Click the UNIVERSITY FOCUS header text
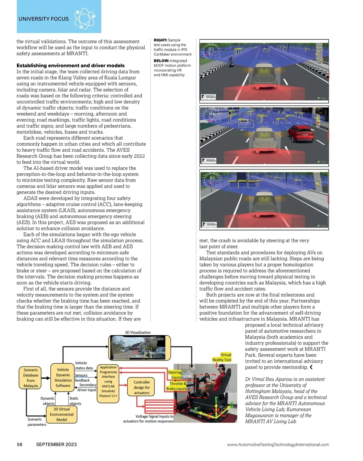44,19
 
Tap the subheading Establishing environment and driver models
70,66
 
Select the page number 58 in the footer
19,444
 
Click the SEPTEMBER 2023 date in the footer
56,444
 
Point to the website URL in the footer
278,444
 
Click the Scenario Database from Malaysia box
31,378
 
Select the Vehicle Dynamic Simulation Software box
63,378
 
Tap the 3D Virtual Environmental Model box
62,414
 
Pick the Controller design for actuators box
142,387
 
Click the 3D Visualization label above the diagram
138,332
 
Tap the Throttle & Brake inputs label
176,386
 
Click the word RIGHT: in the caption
160,40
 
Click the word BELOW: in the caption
162,61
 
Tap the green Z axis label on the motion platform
216,400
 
